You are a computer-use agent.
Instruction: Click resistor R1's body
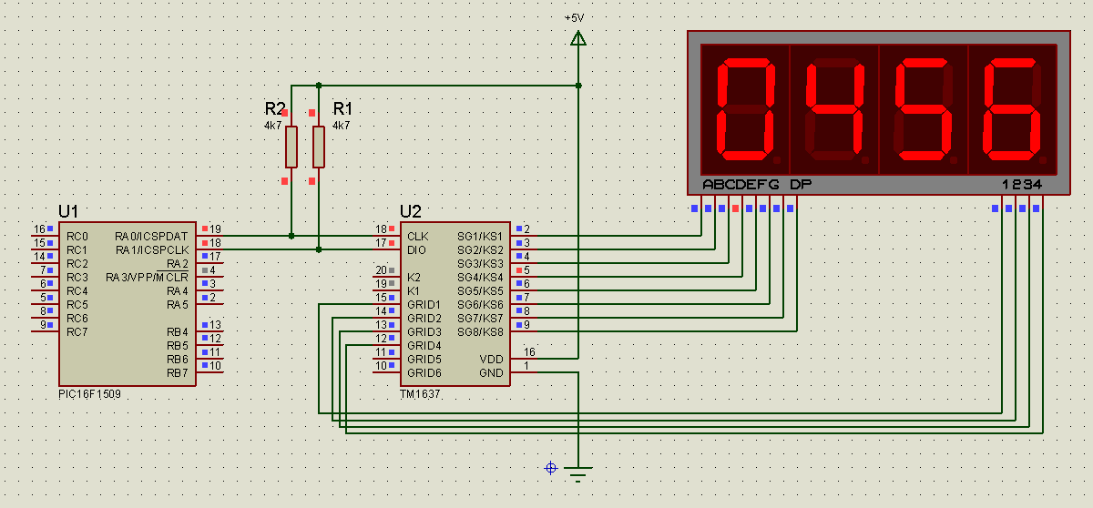[319, 147]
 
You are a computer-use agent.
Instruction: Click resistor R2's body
[291, 147]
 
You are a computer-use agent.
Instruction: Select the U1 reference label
[68, 211]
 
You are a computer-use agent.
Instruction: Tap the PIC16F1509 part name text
[90, 395]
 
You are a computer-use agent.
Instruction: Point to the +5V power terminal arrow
[577, 37]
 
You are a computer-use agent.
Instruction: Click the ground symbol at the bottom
[577, 472]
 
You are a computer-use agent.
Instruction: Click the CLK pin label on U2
[418, 236]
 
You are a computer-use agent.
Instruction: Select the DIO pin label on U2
[417, 249]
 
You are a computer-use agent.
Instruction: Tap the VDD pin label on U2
[491, 359]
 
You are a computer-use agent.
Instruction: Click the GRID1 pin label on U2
[424, 304]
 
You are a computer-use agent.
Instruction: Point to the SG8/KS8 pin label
[480, 331]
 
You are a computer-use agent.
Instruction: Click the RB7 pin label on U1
[178, 372]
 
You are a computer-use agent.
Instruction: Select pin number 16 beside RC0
[39, 229]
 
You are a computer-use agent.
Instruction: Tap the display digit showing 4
[833, 108]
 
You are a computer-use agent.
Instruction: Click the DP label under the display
[800, 185]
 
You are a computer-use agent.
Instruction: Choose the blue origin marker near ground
[550, 467]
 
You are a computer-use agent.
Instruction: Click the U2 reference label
[411, 211]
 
